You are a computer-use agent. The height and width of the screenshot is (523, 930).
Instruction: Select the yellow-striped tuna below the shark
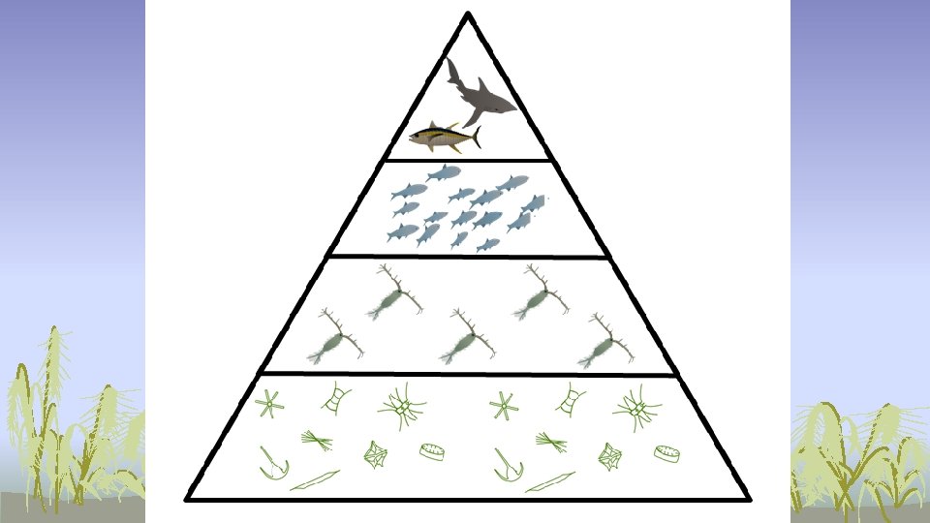tap(443, 138)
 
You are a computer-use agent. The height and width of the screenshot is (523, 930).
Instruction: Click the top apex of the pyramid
tap(468, 15)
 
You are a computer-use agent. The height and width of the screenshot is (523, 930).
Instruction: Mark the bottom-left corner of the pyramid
tap(188, 499)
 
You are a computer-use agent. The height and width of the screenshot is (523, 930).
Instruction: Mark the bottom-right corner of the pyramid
tap(749, 499)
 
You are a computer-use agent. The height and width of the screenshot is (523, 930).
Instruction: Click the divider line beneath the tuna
tap(468, 159)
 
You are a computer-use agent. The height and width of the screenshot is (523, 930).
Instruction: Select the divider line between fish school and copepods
tap(468, 257)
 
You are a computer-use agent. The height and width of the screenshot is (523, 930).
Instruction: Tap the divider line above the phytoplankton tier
tap(468, 373)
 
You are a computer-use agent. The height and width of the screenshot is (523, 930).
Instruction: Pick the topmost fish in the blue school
tap(443, 173)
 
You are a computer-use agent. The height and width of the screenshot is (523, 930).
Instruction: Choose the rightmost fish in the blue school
tap(533, 203)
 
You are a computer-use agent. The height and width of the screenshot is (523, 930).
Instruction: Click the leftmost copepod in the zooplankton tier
tap(334, 339)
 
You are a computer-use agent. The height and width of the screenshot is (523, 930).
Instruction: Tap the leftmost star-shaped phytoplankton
tap(270, 404)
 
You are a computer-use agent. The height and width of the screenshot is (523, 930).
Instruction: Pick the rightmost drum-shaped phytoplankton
tap(666, 451)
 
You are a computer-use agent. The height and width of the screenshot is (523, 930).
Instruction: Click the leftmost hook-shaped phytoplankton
tap(274, 464)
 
